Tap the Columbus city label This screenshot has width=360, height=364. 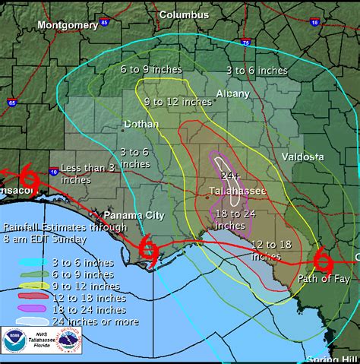pyautogui.click(x=184, y=14)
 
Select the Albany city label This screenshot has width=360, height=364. pyautogui.click(x=232, y=93)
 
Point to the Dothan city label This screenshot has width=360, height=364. pyautogui.click(x=142, y=124)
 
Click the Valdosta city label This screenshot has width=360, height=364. pyautogui.click(x=302, y=157)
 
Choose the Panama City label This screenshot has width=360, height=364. pyautogui.click(x=135, y=216)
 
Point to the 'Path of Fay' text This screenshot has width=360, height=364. pyautogui.click(x=323, y=280)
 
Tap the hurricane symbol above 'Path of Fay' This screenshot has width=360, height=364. pyautogui.click(x=323, y=260)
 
